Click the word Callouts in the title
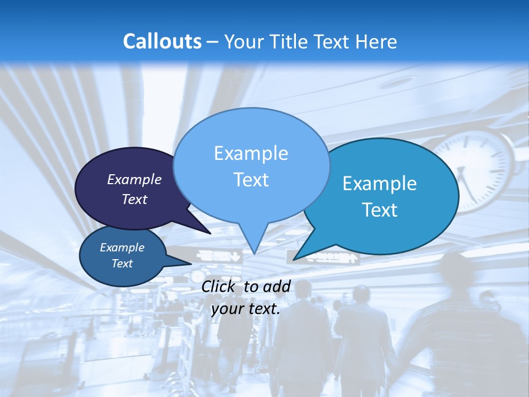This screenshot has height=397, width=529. coord(162,41)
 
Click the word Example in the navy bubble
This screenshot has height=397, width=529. coord(134,179)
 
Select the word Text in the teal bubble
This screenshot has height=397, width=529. coord(380,210)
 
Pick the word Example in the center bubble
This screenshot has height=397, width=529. coord(251,153)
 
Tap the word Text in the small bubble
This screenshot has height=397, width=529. coord(122,264)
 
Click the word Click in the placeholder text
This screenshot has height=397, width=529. coord(219,286)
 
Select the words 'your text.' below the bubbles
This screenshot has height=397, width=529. coord(246,309)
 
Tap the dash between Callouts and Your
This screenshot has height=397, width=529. coord(214,42)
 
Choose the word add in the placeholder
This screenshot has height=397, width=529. coord(276,286)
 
